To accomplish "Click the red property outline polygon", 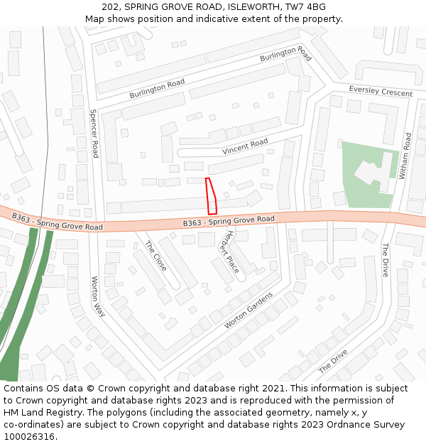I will [211, 196].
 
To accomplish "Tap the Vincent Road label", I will [245, 147].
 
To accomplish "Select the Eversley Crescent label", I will [381, 91].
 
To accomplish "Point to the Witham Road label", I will [407, 156].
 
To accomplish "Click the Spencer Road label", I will [94, 133].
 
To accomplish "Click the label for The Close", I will [155, 256].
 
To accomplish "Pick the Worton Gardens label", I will [248, 310].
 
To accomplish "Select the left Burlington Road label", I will [157, 89].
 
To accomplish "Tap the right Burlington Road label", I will [285, 54].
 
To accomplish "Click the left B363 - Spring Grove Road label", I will [57, 221].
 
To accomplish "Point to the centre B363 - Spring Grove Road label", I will [228, 221].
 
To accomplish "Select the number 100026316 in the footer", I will [29, 436].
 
